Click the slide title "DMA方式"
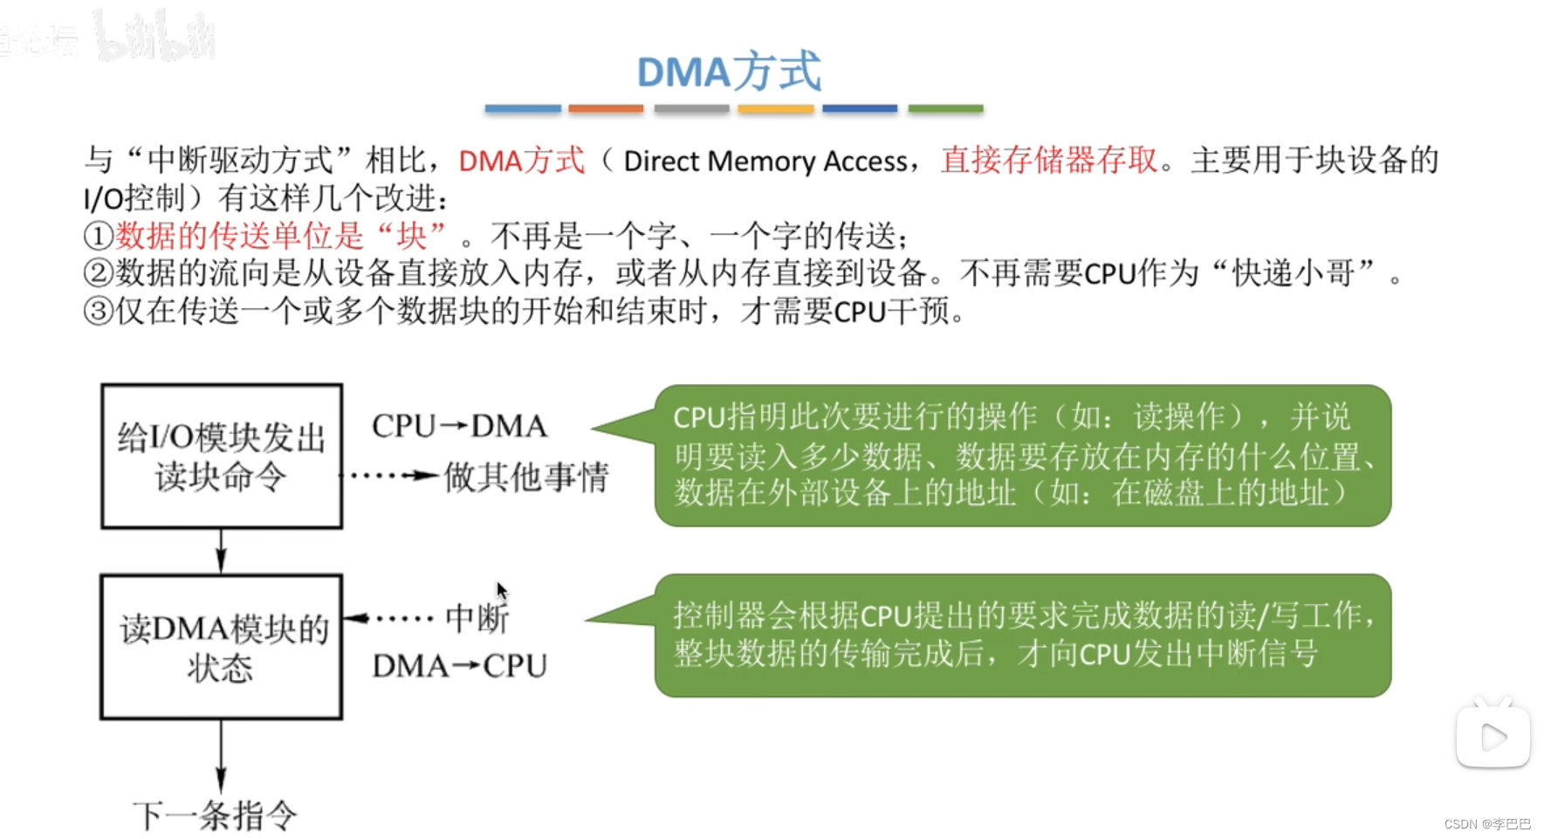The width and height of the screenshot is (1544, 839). click(x=729, y=72)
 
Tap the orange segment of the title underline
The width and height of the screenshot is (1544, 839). click(x=606, y=109)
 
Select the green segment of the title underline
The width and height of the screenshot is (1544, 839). click(x=945, y=109)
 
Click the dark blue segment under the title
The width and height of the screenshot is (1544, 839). click(x=860, y=109)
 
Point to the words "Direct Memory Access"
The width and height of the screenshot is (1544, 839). click(x=765, y=162)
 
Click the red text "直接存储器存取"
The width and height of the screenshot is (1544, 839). click(x=1049, y=161)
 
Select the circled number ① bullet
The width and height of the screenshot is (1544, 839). click(x=99, y=236)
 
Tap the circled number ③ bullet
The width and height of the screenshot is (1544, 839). click(x=99, y=311)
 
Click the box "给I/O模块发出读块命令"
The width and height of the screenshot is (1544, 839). click(x=222, y=456)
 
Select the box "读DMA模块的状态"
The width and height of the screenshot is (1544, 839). click(x=222, y=647)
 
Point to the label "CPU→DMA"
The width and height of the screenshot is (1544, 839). click(x=459, y=426)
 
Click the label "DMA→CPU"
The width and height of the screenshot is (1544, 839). click(x=459, y=666)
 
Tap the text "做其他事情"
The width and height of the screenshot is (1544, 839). click(x=526, y=478)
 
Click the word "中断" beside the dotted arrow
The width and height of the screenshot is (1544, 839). click(x=477, y=619)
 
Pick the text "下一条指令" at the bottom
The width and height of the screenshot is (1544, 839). click(x=215, y=816)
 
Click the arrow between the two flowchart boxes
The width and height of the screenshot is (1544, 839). click(x=221, y=551)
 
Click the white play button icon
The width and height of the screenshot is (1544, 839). click(x=1493, y=737)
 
